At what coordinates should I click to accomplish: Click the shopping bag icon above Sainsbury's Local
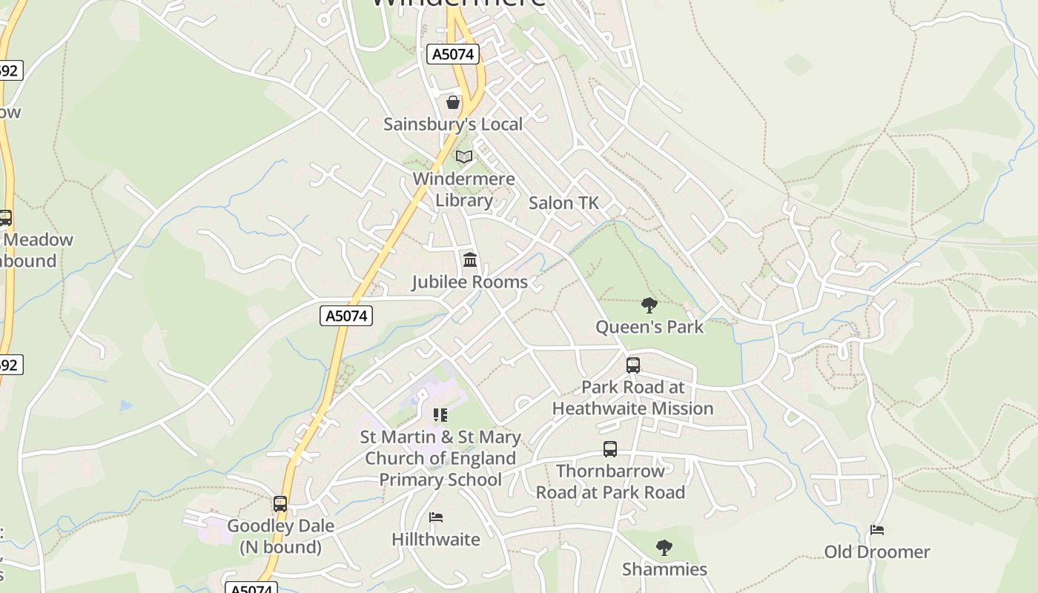point(453,102)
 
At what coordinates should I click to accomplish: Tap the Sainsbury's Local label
point(453,124)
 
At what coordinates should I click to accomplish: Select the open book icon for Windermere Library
point(464,156)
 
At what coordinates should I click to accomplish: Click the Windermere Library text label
point(464,189)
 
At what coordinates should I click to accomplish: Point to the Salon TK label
point(563,202)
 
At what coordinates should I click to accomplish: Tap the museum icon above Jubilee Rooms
point(470,259)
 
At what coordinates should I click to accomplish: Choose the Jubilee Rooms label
point(470,282)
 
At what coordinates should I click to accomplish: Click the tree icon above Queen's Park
point(649,305)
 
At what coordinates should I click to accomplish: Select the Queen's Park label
point(649,326)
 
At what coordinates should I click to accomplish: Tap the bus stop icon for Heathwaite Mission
point(633,365)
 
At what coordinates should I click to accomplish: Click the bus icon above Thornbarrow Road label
point(610,448)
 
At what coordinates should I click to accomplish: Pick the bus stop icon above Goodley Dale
point(280,504)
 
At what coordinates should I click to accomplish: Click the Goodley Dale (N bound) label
point(280,537)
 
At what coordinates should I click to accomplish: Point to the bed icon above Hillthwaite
point(436,517)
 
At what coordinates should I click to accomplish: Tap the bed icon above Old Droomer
point(877,530)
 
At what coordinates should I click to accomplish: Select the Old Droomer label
point(877,551)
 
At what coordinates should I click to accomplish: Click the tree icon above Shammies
point(664,548)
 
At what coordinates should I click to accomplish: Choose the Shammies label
point(664,569)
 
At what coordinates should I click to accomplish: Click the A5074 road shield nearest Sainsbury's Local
point(454,54)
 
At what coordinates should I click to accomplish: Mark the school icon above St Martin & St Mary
point(440,415)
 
